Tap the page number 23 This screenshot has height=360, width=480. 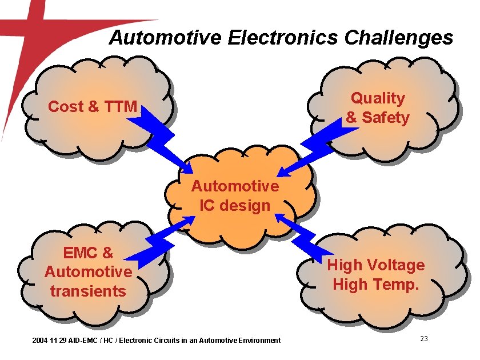[x=424, y=339]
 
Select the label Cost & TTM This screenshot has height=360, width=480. [x=93, y=106]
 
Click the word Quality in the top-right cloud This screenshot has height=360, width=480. [x=378, y=98]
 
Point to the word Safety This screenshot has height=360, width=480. [x=386, y=118]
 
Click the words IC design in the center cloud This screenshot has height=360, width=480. [x=235, y=205]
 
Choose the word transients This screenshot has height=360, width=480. [x=88, y=291]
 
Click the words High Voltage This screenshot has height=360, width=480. [x=375, y=265]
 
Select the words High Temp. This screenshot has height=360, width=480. [x=375, y=284]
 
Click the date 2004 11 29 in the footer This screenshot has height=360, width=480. [x=49, y=341]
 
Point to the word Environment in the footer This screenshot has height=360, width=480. [x=259, y=341]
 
